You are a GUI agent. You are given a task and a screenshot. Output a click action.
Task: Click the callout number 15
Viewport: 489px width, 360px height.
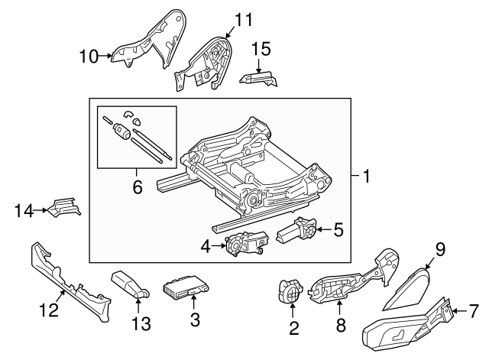[x=261, y=49]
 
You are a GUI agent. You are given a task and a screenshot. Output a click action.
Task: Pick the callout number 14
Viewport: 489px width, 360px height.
[x=24, y=209]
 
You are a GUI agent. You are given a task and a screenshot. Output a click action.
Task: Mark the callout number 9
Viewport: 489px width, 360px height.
[x=439, y=248]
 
